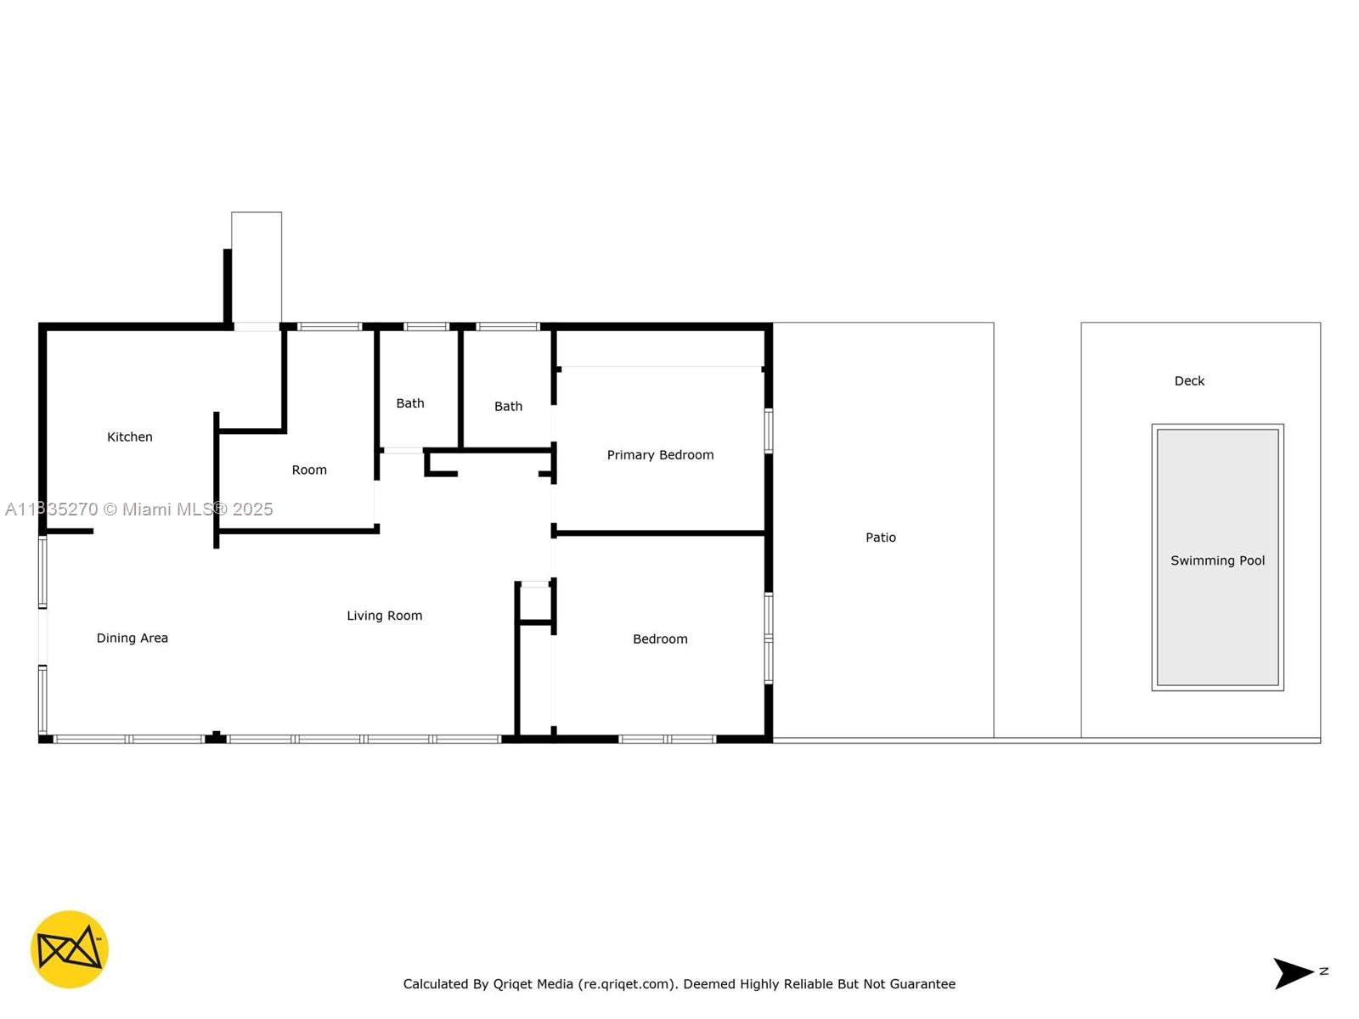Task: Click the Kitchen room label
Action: pyautogui.click(x=129, y=436)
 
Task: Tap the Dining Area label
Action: pyautogui.click(x=132, y=638)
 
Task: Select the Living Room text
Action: pyautogui.click(x=385, y=616)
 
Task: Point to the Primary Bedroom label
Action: pyautogui.click(x=660, y=455)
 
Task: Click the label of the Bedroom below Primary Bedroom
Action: pyautogui.click(x=660, y=639)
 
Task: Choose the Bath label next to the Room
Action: pyautogui.click(x=410, y=403)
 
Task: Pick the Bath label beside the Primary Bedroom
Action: pyautogui.click(x=508, y=407)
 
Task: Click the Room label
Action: pyautogui.click(x=309, y=470)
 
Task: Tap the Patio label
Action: pyautogui.click(x=881, y=538)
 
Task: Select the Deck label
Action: pyautogui.click(x=1189, y=381)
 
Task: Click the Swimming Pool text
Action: pyautogui.click(x=1217, y=560)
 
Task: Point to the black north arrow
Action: pyautogui.click(x=1293, y=973)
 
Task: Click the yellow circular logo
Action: pyautogui.click(x=70, y=949)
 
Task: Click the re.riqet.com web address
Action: pyautogui.click(x=626, y=983)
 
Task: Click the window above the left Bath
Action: pyautogui.click(x=426, y=327)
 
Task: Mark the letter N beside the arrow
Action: pyautogui.click(x=1323, y=971)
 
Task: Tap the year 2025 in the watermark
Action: pyautogui.click(x=252, y=509)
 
